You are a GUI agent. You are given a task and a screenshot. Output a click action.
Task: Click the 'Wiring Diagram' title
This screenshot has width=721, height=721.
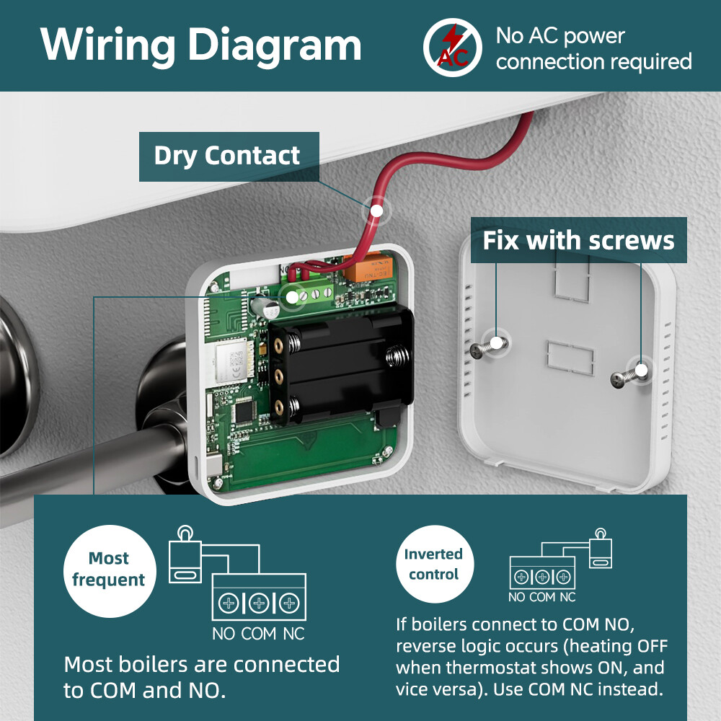click(200, 45)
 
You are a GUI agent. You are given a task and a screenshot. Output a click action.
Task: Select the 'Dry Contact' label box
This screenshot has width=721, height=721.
click(228, 156)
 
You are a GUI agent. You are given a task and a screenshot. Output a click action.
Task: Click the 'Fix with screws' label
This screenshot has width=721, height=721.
click(578, 239)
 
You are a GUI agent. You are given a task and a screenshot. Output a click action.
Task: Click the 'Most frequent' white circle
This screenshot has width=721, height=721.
click(108, 570)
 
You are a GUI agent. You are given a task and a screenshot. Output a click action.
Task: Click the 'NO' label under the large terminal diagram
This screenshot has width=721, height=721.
click(224, 634)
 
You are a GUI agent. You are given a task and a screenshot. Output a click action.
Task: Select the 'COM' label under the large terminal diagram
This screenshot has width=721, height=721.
click(259, 634)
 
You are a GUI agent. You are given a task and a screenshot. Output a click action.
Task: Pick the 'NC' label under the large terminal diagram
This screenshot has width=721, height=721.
click(293, 634)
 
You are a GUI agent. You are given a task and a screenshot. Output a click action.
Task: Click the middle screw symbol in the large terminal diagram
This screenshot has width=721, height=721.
click(260, 602)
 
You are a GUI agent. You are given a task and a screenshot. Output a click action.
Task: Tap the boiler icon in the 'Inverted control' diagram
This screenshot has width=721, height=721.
click(600, 552)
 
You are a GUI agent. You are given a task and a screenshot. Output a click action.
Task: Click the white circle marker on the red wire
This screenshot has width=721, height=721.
click(376, 210)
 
